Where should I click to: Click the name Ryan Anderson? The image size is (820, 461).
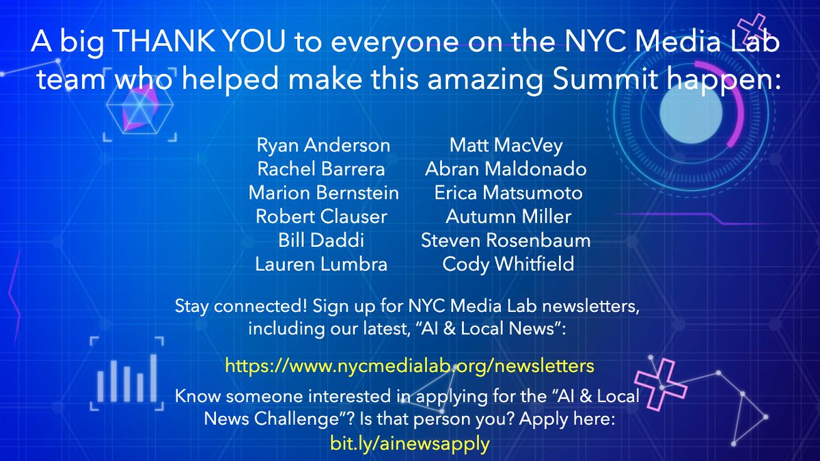(x=323, y=145)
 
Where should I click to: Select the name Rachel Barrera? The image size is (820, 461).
(x=321, y=168)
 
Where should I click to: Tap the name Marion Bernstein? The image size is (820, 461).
(x=323, y=193)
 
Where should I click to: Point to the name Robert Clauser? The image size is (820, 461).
(x=321, y=217)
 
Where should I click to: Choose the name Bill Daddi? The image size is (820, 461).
(x=321, y=241)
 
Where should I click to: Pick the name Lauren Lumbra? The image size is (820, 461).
(x=321, y=264)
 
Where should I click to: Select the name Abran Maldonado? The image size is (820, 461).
(x=506, y=168)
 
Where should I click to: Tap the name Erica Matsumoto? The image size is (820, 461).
(x=508, y=193)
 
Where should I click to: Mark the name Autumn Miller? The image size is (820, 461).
(x=508, y=217)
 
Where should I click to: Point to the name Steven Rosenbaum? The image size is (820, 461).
(x=506, y=241)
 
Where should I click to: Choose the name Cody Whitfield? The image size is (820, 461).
(x=508, y=264)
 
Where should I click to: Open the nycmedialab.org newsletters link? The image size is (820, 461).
(x=410, y=365)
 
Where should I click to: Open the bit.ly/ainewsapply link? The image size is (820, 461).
(x=410, y=443)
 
